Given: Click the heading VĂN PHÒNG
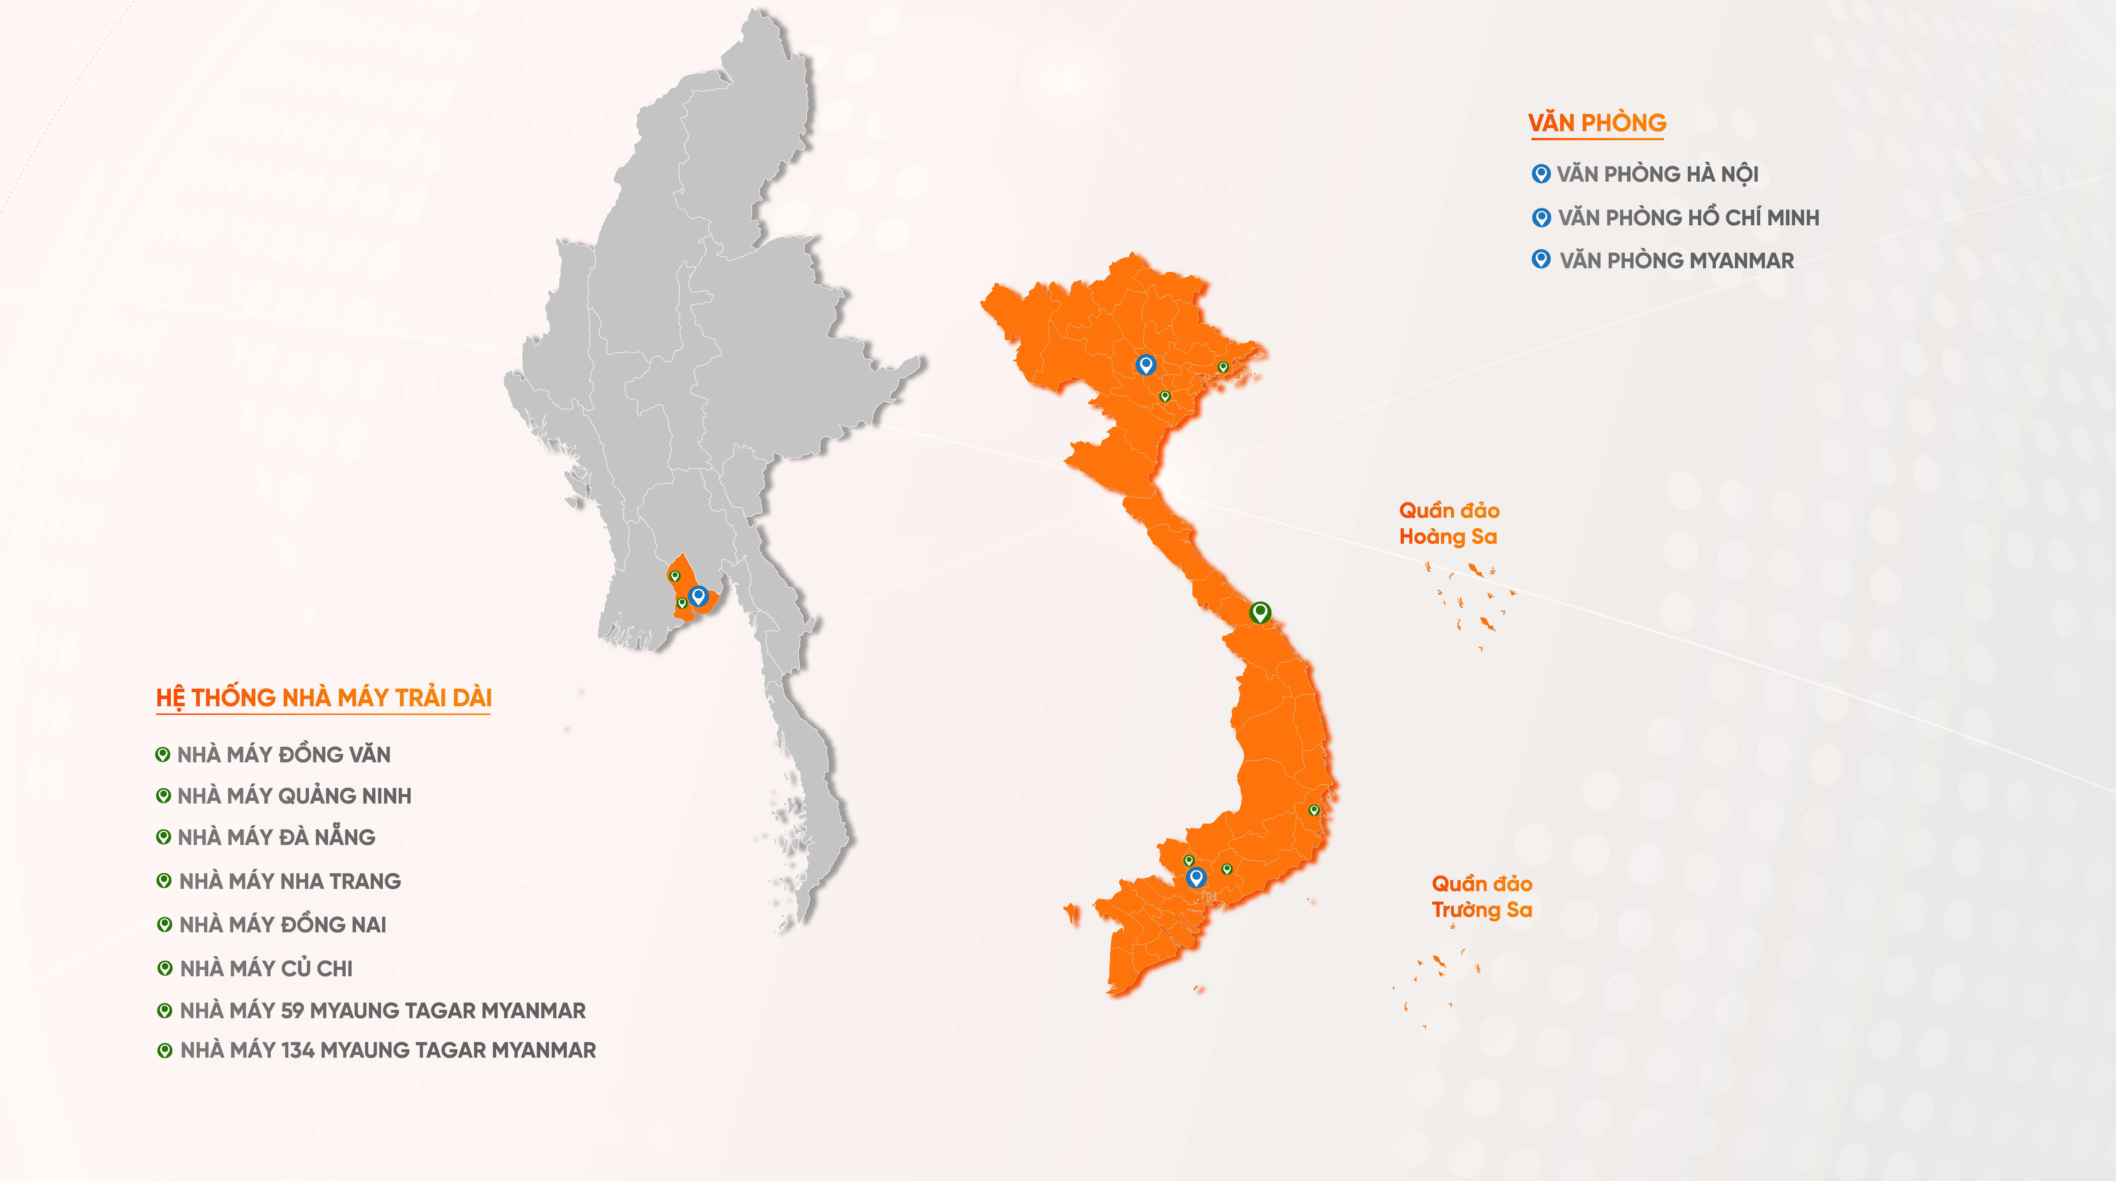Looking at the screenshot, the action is tap(1597, 123).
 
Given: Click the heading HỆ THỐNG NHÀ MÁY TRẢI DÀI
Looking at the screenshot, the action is tap(324, 698).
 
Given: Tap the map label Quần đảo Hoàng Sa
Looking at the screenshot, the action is tap(1449, 524).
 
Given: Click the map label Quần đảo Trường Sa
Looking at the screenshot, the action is tap(1482, 897).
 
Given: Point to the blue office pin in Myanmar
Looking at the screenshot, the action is tap(698, 595).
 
